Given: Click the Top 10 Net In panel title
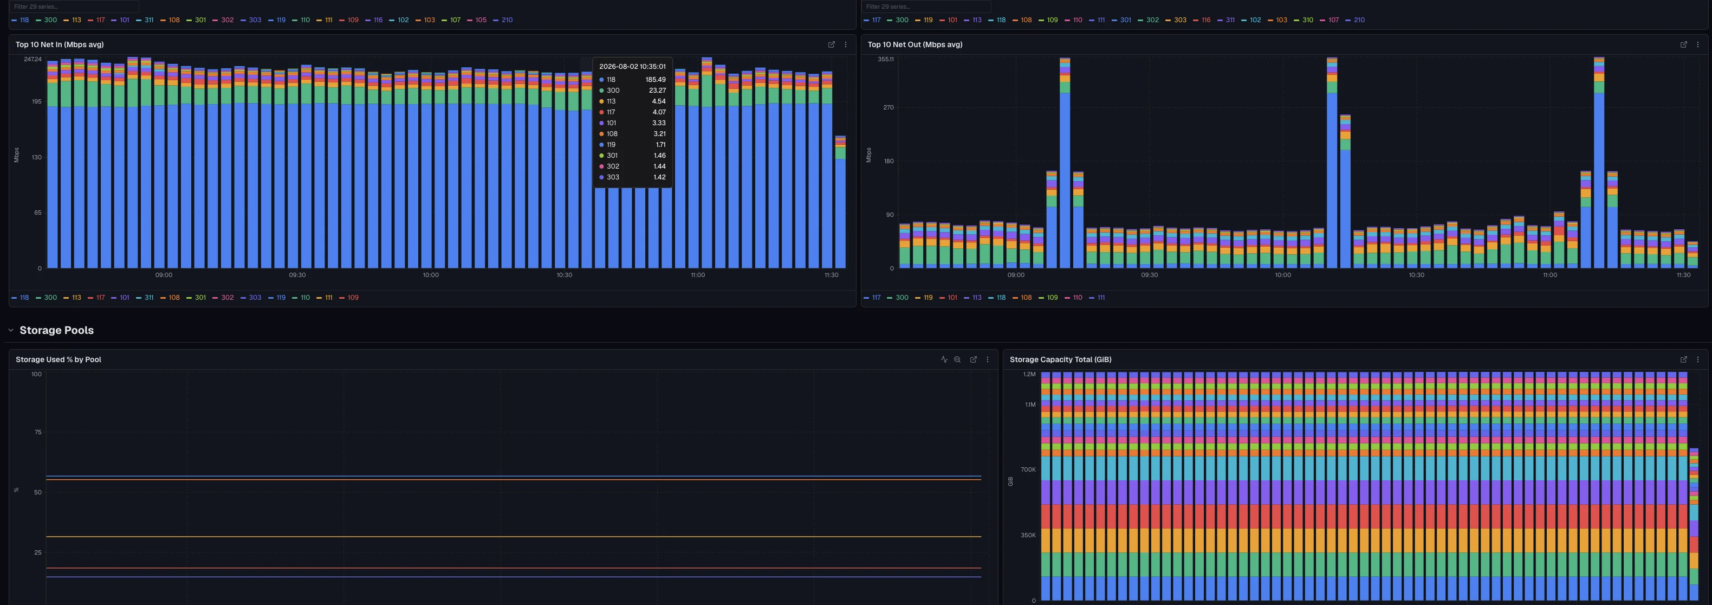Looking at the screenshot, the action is tap(59, 44).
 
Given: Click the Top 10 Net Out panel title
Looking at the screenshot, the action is tap(915, 44).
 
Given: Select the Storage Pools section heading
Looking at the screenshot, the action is tap(56, 331).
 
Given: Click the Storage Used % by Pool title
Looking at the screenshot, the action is tap(59, 359).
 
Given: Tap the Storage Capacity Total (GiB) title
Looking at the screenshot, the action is tap(1060, 359).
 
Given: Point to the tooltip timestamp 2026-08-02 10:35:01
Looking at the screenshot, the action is tap(632, 67).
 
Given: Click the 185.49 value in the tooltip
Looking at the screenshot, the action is tap(656, 80).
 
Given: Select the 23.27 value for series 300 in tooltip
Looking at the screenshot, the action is tap(657, 91).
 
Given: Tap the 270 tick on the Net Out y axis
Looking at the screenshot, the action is tap(888, 108).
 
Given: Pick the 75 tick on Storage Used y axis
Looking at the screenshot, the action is tap(38, 432).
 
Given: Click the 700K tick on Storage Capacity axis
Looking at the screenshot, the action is tap(1028, 469).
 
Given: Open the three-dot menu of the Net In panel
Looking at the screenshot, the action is tap(845, 44).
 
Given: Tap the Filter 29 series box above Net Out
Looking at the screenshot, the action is tap(926, 7).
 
